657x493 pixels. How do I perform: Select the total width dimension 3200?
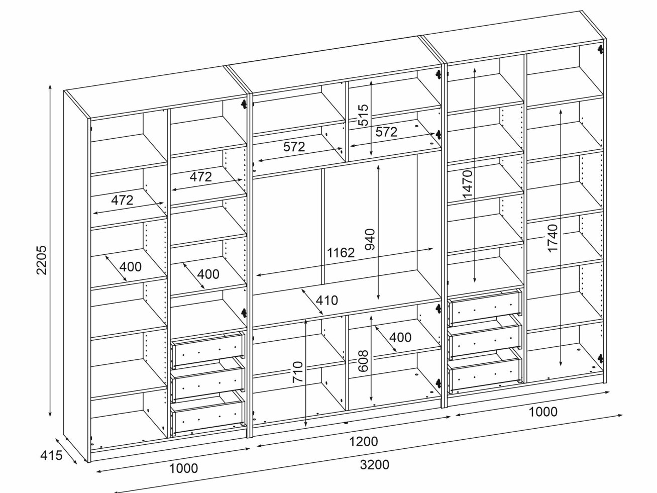point(374,465)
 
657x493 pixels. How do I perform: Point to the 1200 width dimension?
point(363,442)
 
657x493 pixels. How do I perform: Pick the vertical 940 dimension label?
point(370,240)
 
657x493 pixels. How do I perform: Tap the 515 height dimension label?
point(363,115)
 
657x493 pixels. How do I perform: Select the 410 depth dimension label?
point(327,301)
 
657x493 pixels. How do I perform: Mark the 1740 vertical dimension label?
point(553,239)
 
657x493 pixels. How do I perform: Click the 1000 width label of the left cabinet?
point(183,469)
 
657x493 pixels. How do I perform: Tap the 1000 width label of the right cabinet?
point(543,412)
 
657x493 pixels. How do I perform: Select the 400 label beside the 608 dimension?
point(400,337)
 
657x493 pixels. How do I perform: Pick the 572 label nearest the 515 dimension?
point(386,132)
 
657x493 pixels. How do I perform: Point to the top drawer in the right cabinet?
point(485,306)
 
